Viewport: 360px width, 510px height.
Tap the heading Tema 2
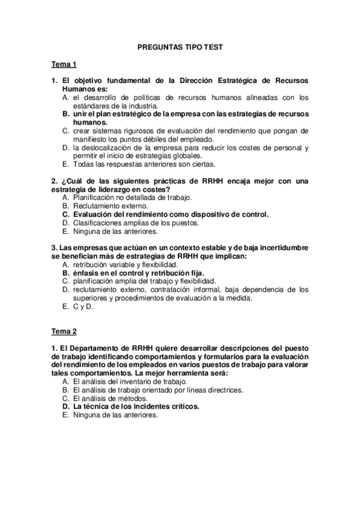(x=64, y=331)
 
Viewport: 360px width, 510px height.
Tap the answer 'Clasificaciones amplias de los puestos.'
(x=135, y=222)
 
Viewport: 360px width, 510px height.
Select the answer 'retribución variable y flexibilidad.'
(x=124, y=264)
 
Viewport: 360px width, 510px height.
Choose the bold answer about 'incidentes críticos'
(x=136, y=406)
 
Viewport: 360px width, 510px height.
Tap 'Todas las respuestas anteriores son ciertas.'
(x=144, y=164)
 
